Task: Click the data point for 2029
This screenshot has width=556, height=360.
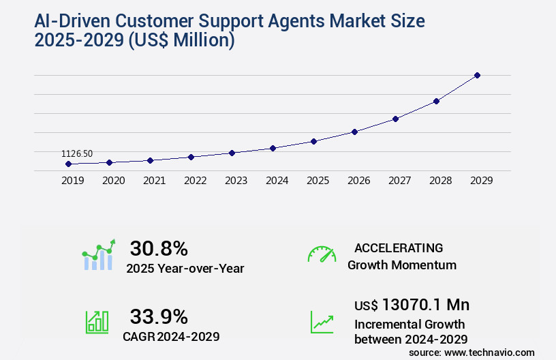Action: [x=477, y=75]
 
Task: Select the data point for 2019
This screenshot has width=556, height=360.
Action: [x=68, y=164]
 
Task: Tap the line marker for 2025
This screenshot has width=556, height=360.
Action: [x=313, y=141]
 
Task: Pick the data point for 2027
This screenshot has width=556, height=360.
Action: [x=395, y=119]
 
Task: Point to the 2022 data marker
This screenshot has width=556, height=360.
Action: [x=191, y=157]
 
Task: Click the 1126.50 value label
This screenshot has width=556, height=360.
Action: [x=77, y=154]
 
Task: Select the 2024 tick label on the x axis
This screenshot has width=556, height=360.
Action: [x=277, y=181]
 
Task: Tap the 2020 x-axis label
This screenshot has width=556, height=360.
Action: [x=113, y=181]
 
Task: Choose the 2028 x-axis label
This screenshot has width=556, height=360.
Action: [x=440, y=181]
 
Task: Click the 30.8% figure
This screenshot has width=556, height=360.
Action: [x=159, y=248]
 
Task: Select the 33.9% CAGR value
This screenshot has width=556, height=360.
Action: [x=159, y=316]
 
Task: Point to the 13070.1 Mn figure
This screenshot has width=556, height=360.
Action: [x=425, y=305]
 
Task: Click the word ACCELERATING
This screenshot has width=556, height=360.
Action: [x=399, y=248]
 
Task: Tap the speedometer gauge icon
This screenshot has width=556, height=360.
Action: [x=322, y=254]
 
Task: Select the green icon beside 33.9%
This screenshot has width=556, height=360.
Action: [x=97, y=321]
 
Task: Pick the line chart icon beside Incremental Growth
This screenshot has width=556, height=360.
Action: [x=322, y=321]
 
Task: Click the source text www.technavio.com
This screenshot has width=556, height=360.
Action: [x=489, y=352]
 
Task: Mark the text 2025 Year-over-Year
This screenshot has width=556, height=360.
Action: [x=185, y=269]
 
